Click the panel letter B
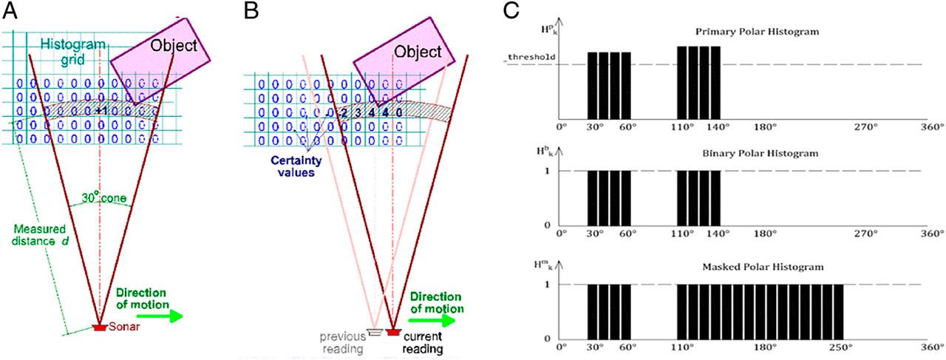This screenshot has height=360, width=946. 251,12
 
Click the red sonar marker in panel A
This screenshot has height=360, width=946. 98,327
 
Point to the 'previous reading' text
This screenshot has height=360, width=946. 344,342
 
